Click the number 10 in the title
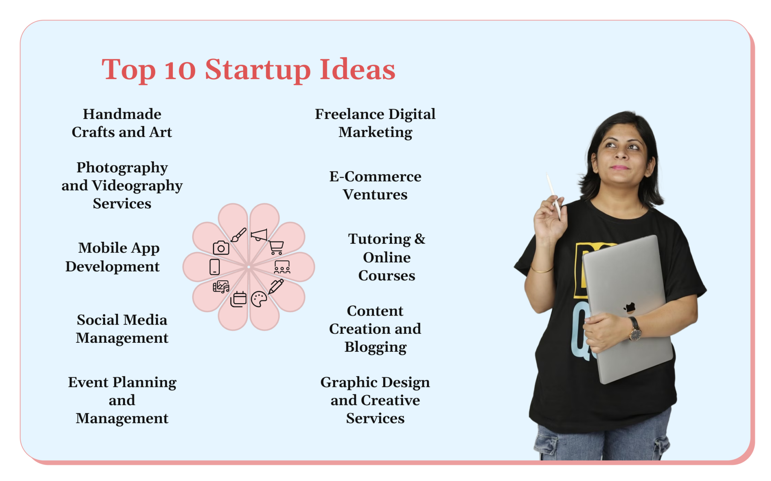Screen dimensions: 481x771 [180, 70]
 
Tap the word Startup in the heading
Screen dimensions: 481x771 [258, 70]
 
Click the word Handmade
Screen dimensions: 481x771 [122, 114]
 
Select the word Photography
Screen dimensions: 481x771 [122, 168]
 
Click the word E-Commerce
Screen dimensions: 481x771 [375, 177]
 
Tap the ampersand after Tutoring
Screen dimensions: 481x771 [420, 239]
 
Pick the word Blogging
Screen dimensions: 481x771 [375, 347]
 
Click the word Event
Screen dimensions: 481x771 [88, 382]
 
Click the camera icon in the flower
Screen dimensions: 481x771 [221, 248]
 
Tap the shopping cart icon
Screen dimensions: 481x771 [276, 247]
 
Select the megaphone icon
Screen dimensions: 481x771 [259, 235]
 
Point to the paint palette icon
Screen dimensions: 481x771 [259, 299]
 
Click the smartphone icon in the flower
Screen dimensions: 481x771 [215, 267]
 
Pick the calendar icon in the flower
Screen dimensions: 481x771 [238, 299]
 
